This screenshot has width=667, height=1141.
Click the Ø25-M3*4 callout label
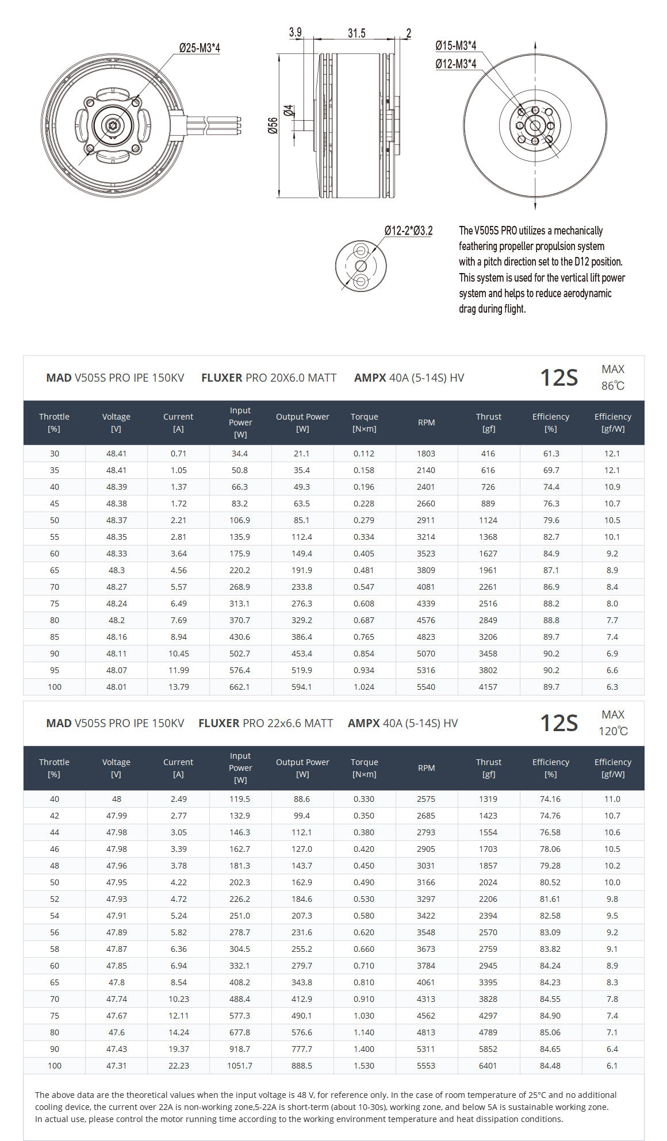click(199, 48)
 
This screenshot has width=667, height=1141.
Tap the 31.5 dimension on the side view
click(356, 33)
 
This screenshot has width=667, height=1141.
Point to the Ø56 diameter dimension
click(273, 125)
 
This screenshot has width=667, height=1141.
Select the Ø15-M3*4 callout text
click(455, 45)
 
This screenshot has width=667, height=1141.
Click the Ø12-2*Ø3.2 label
click(408, 230)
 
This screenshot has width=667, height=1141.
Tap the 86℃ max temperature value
click(613, 386)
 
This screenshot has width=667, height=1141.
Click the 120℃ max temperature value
click(613, 731)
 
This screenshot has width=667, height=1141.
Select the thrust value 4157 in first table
click(488, 687)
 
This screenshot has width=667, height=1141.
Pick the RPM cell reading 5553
click(426, 1066)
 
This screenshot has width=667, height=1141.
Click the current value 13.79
click(178, 687)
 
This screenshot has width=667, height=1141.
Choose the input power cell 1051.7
click(240, 1066)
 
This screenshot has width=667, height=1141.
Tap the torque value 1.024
click(364, 687)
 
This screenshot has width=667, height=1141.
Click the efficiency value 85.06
click(550, 1032)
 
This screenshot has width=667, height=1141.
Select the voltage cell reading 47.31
click(116, 1066)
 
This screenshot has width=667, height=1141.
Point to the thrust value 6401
click(488, 1066)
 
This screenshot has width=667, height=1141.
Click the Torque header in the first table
click(364, 422)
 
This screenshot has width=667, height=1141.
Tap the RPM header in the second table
click(426, 768)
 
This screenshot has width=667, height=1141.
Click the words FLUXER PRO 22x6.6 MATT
click(266, 723)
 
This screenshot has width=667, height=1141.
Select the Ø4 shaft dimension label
click(289, 110)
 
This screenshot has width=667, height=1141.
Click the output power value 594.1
click(302, 687)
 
